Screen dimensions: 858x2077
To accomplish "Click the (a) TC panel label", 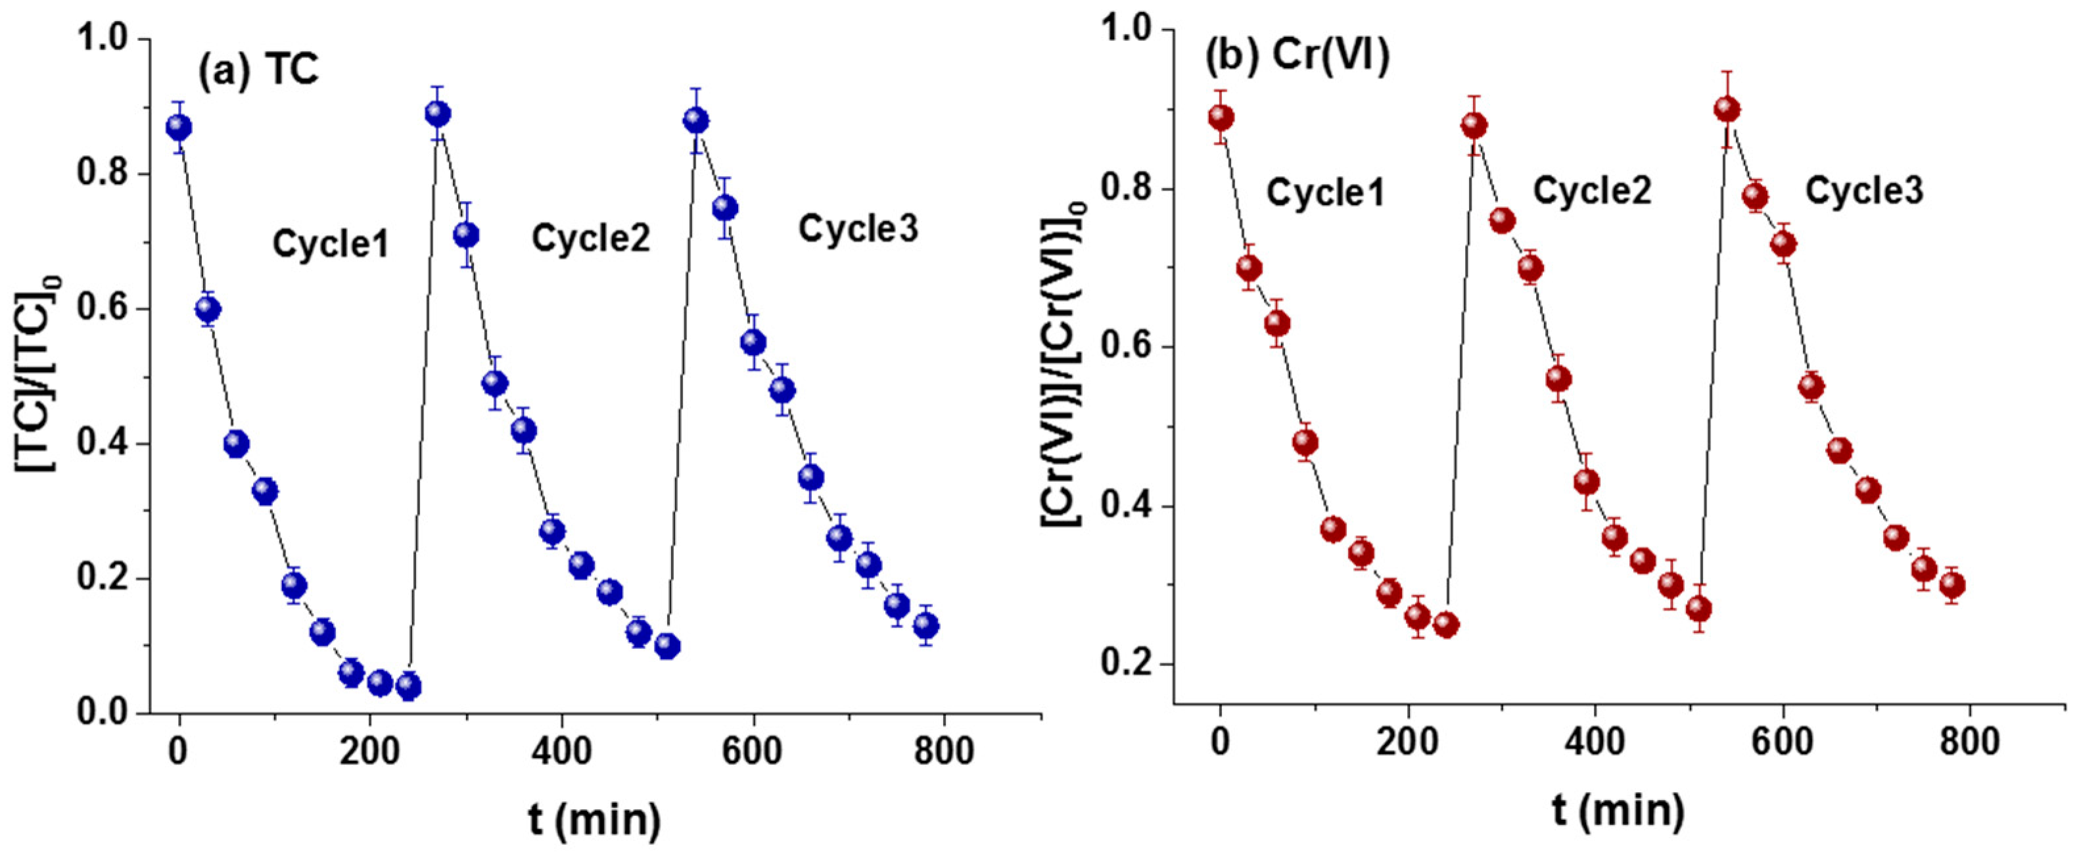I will pyautogui.click(x=258, y=71).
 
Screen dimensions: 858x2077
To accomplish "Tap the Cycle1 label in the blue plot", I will pyautogui.click(x=331, y=243).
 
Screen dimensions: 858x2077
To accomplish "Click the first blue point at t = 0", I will pyautogui.click(x=178, y=128).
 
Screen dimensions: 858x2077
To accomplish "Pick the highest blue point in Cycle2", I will pyautogui.click(x=437, y=114).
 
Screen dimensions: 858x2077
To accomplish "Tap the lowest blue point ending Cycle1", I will pyautogui.click(x=409, y=686).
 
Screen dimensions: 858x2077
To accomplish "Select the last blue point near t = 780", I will pyautogui.click(x=925, y=625).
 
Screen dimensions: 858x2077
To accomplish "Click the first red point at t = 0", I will pyautogui.click(x=1221, y=118).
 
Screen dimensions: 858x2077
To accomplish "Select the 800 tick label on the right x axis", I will pyautogui.click(x=1968, y=742).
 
